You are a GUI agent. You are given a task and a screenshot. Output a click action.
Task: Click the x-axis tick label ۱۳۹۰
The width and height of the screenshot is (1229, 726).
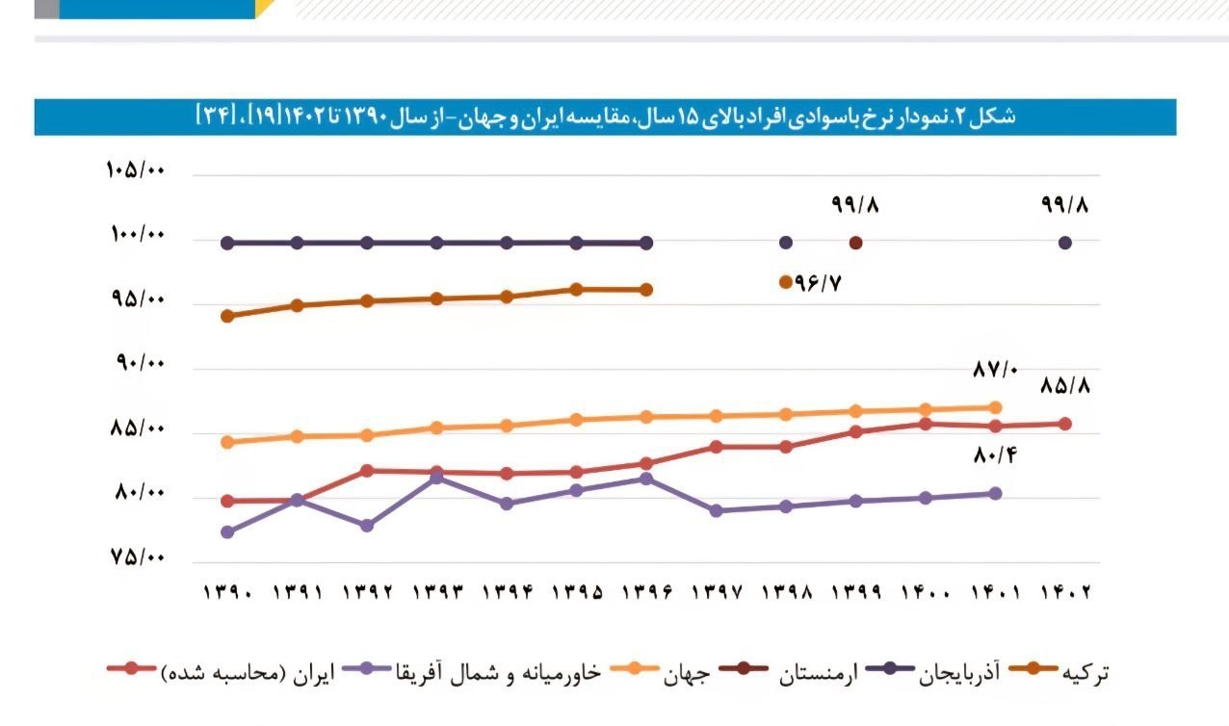(227, 591)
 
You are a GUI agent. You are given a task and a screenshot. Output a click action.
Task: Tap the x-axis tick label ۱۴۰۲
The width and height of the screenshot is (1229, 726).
(1065, 591)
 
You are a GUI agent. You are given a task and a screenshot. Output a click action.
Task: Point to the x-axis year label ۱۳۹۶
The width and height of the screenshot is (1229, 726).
(646, 591)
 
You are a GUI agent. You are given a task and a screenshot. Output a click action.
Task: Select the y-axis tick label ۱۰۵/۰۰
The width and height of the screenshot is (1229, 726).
(136, 170)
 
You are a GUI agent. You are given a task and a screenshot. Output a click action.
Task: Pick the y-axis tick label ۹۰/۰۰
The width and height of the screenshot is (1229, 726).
(141, 364)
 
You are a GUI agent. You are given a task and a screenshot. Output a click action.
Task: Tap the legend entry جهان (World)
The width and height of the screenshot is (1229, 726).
(688, 672)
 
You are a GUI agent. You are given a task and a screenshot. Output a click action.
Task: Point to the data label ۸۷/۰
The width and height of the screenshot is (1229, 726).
(995, 369)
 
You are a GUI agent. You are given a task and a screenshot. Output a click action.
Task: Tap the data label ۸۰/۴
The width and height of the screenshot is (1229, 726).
(995, 454)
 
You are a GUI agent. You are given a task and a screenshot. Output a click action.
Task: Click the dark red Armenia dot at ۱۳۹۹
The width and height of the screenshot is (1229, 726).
(855, 243)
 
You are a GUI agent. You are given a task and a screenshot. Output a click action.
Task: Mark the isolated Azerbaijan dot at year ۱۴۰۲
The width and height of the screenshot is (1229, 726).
(1065, 243)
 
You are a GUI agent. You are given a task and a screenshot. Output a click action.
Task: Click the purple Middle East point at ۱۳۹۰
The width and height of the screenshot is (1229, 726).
(227, 532)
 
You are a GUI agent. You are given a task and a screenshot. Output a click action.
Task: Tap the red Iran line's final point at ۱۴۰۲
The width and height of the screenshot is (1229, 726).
(1065, 424)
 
